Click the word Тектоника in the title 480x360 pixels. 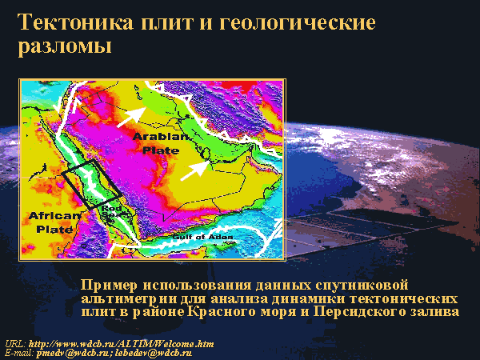[x=76, y=22]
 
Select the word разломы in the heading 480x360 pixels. [x=65, y=46]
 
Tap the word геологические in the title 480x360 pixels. [x=298, y=22]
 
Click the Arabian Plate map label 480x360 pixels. [x=161, y=143]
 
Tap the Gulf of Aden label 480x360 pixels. [x=202, y=237]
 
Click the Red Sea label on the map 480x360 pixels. [x=112, y=211]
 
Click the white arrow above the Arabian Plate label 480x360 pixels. [x=132, y=117]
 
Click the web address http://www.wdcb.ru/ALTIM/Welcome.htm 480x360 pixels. [x=122, y=344]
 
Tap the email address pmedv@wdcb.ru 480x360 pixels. [x=73, y=354]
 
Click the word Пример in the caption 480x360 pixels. [x=110, y=285]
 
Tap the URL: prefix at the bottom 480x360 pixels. [x=16, y=344]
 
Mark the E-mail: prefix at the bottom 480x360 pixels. [x=19, y=354]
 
